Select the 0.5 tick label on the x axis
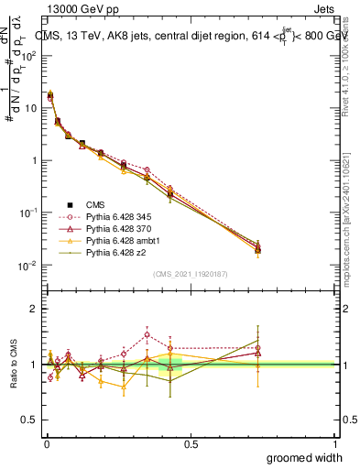pyautogui.click(x=191, y=443)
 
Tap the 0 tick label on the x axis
pyautogui.click(x=46, y=443)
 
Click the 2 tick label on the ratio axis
pyautogui.click(x=34, y=309)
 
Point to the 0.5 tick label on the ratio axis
pyautogui.click(x=29, y=420)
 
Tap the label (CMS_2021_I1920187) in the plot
pyautogui.click(x=191, y=274)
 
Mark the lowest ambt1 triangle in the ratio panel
pyautogui.click(x=124, y=387)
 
